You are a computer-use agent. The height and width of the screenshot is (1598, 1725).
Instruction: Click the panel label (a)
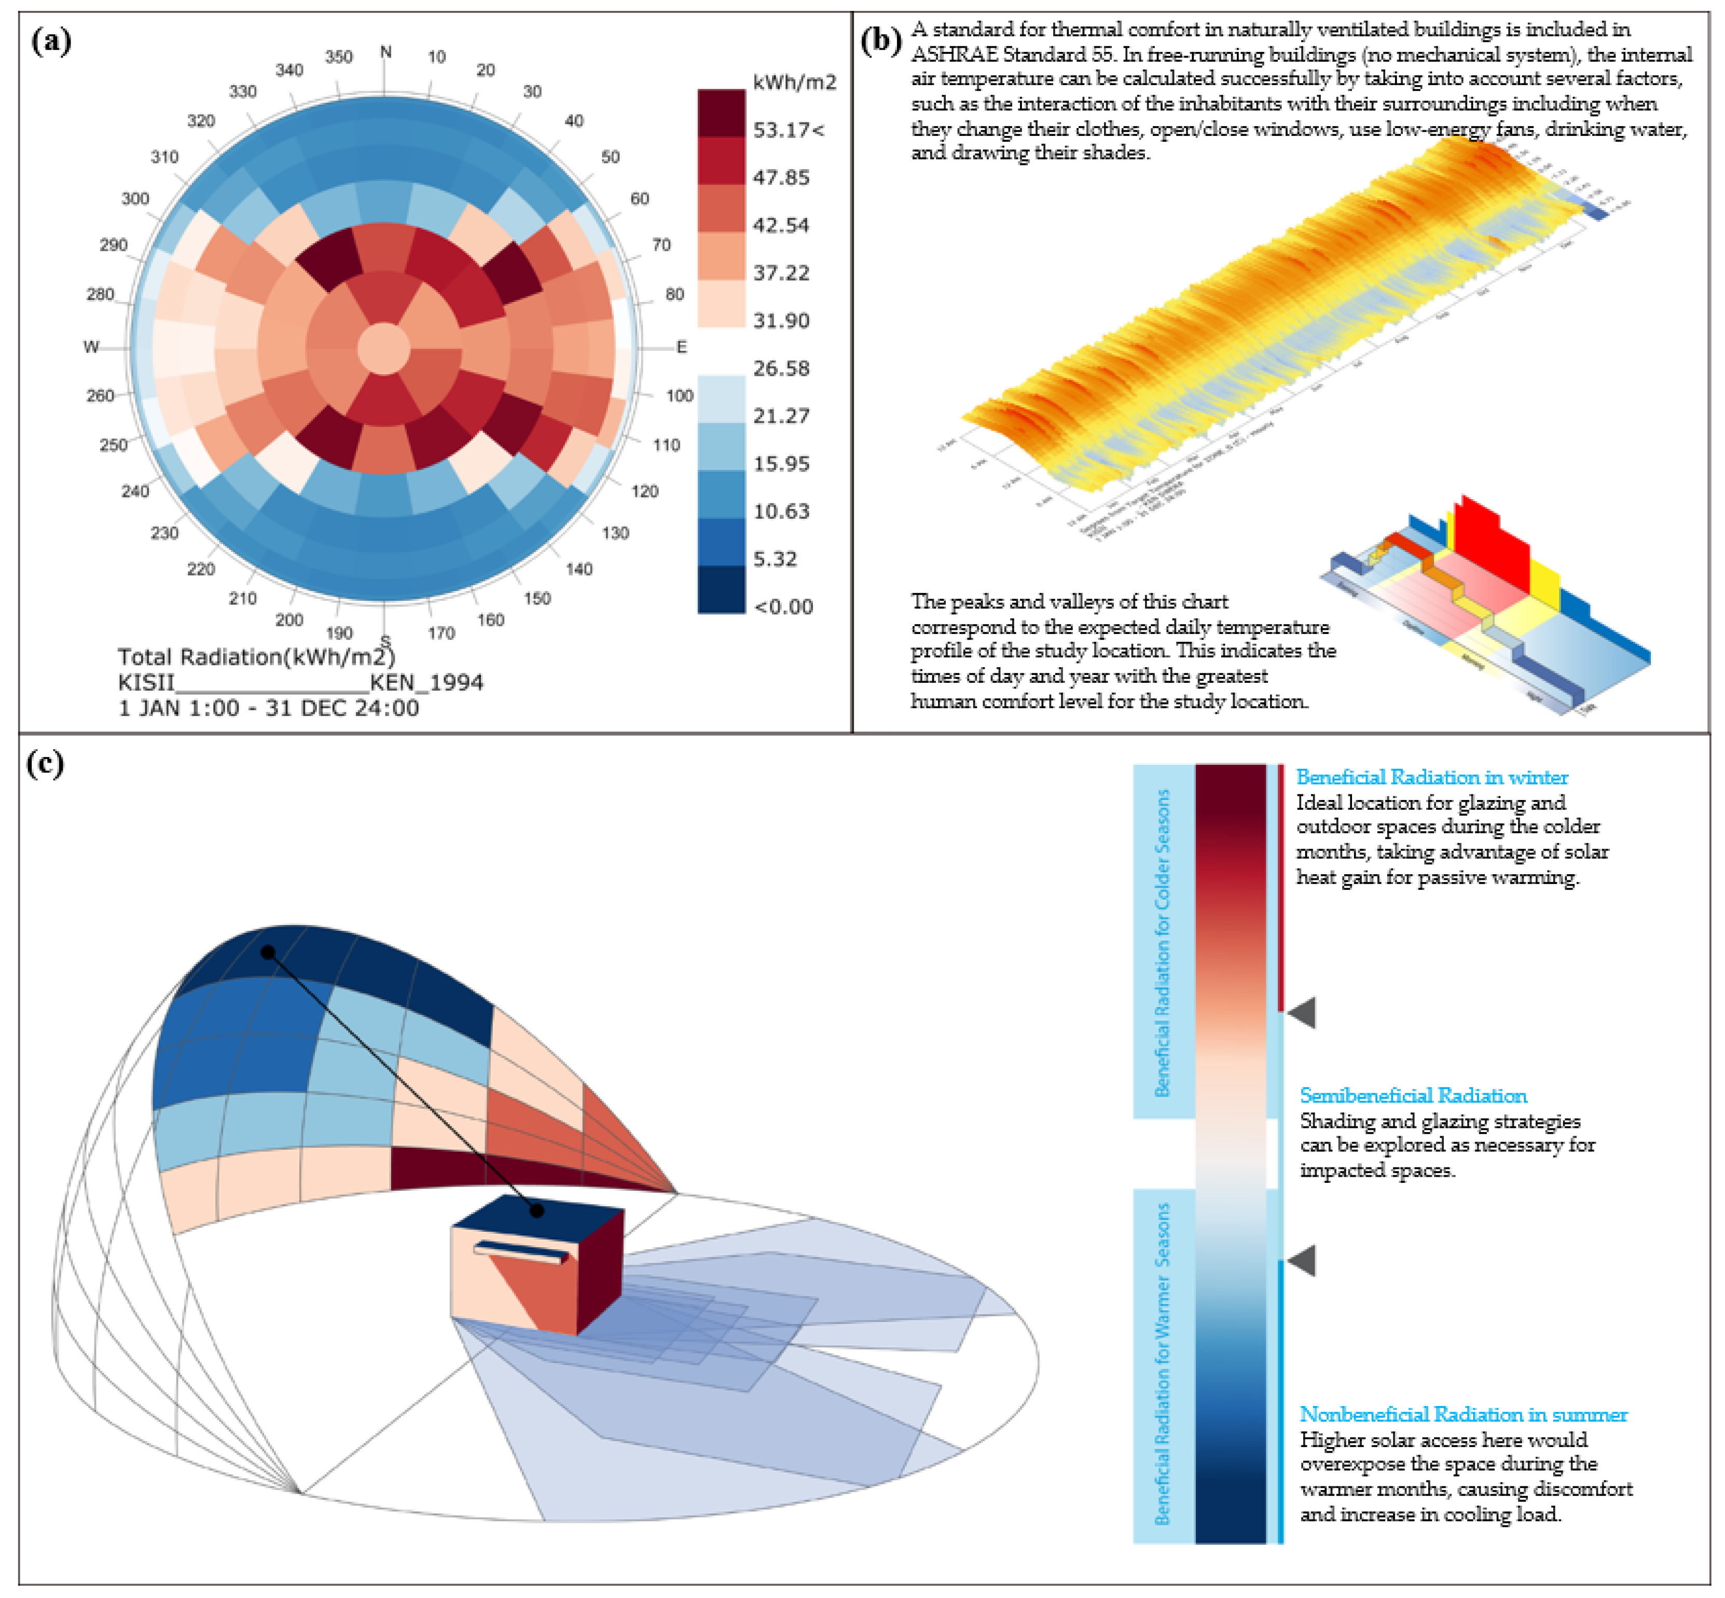click(51, 40)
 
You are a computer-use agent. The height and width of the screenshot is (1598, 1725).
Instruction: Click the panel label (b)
click(881, 40)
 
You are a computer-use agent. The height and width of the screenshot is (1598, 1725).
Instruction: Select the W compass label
click(91, 347)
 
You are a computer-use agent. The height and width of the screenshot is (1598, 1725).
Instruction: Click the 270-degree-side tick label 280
click(100, 294)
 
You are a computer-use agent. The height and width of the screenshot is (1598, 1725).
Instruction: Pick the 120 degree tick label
click(644, 491)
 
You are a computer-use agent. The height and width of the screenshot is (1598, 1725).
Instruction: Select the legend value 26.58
click(781, 368)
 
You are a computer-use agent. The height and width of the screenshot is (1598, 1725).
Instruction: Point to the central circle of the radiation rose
click(385, 349)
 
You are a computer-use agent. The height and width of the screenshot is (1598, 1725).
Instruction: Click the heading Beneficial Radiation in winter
click(1431, 777)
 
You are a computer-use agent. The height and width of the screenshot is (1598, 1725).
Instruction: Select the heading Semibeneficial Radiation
click(1413, 1096)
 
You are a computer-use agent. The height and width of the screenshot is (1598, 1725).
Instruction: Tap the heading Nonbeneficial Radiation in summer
click(1463, 1415)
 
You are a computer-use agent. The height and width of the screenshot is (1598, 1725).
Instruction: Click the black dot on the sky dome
click(268, 952)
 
